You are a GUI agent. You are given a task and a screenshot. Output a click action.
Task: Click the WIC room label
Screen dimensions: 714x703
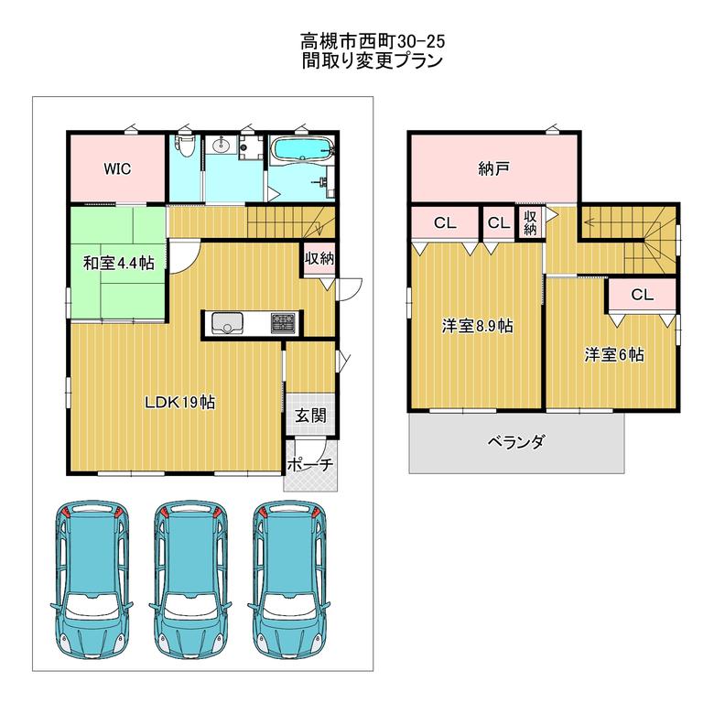pyautogui.click(x=117, y=169)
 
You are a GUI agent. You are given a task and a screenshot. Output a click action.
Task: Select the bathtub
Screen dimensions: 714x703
pyautogui.click(x=303, y=149)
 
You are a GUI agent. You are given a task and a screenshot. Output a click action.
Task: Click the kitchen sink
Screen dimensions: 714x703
pyautogui.click(x=226, y=323)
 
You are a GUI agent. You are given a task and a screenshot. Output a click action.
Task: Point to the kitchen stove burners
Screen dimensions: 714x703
pyautogui.click(x=283, y=323)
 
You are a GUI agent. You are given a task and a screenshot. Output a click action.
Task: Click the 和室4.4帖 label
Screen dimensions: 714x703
pyautogui.click(x=119, y=264)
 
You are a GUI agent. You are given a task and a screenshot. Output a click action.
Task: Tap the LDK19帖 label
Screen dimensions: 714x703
pyautogui.click(x=179, y=402)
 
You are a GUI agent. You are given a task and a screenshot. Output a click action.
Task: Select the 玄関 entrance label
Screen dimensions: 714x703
pyautogui.click(x=310, y=415)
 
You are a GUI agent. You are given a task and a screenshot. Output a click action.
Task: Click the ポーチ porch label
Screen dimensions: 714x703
pyautogui.click(x=311, y=464)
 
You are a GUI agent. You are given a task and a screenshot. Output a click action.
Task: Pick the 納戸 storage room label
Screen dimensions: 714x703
pyautogui.click(x=493, y=169)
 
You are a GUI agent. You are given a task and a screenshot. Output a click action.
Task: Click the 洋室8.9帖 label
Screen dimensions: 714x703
pyautogui.click(x=477, y=326)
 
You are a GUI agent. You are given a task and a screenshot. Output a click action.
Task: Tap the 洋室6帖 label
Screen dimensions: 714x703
pyautogui.click(x=614, y=354)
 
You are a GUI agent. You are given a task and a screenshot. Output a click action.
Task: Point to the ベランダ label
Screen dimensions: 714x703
pyautogui.click(x=516, y=441)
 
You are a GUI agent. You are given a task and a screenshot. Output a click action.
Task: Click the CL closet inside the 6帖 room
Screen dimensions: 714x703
pyautogui.click(x=642, y=295)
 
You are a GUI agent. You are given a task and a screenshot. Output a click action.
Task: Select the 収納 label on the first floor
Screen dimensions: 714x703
pyautogui.click(x=319, y=258)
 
